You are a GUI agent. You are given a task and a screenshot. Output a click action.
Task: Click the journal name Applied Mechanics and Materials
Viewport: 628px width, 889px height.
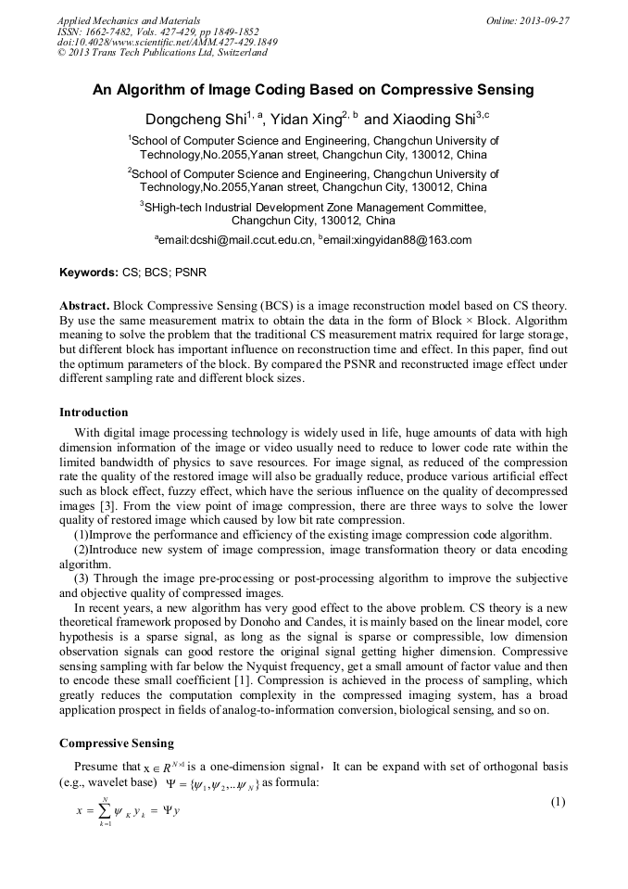coord(128,19)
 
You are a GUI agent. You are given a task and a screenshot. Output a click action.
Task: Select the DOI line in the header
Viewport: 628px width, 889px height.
coord(167,42)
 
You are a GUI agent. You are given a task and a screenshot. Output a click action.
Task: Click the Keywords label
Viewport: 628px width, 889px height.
coord(88,273)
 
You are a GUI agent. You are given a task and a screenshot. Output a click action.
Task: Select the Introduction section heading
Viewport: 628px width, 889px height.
coord(94,412)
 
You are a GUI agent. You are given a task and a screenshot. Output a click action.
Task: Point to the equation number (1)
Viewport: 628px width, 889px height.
coord(558,802)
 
